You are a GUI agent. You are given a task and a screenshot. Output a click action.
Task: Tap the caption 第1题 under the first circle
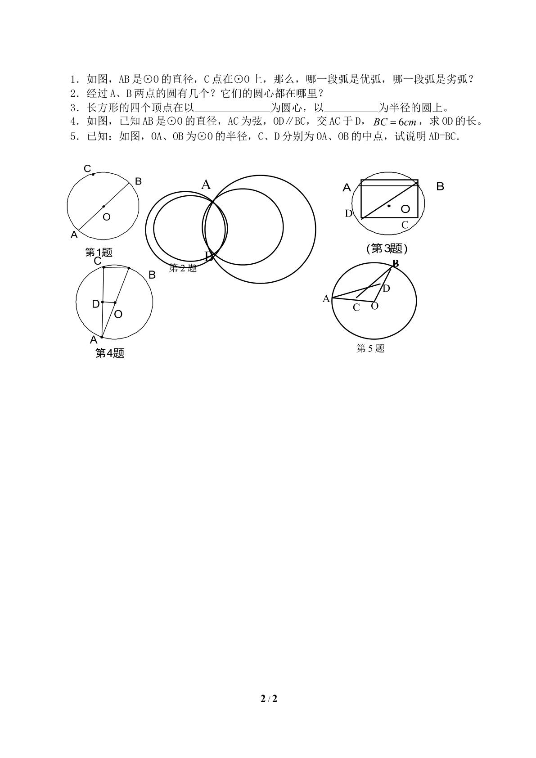click(x=99, y=253)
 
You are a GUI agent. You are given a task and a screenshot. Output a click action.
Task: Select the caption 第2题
click(x=183, y=268)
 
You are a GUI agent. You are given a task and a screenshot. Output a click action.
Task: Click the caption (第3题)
click(x=387, y=249)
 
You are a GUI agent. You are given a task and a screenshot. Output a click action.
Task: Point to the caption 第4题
click(x=110, y=353)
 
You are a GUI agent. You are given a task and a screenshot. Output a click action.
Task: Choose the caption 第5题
click(x=370, y=348)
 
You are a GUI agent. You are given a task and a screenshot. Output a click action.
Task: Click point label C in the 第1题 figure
click(x=87, y=168)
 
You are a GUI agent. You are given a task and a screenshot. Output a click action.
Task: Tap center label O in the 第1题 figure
click(x=107, y=217)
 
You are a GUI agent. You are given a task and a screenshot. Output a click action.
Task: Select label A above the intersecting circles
click(x=206, y=185)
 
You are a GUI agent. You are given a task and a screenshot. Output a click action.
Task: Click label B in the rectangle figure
click(x=440, y=186)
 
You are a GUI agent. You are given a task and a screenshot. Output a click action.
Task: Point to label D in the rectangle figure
click(x=348, y=213)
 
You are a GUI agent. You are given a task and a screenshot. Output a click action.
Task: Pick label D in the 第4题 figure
click(x=96, y=304)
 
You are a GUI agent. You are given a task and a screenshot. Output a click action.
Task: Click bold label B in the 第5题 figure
click(x=395, y=263)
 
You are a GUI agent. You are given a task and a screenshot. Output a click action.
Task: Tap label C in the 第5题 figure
click(x=356, y=307)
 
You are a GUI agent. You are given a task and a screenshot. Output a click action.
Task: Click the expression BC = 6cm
click(x=395, y=122)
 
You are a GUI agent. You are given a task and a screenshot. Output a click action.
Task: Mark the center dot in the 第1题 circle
click(x=104, y=206)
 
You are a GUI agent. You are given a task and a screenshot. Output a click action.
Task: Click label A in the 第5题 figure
click(x=326, y=298)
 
